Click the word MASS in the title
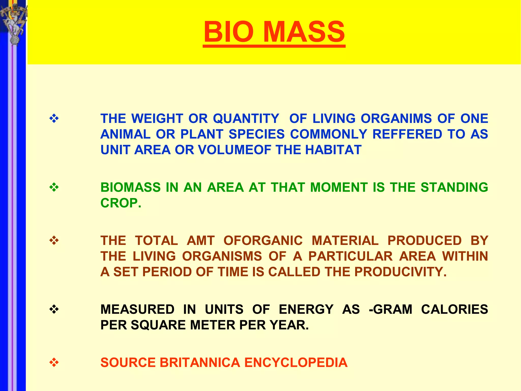tap(304, 32)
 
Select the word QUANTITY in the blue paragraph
tap(246, 119)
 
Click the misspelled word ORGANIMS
tap(396, 119)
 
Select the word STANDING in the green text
tap(454, 187)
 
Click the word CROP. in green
tap(121, 203)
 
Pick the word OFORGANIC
tap(263, 241)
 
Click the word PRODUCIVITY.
tap(400, 272)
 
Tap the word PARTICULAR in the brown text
tap(351, 256)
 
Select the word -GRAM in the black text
tap(390, 310)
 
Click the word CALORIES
tap(454, 310)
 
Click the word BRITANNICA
tap(200, 362)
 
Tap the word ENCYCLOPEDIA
tap(296, 362)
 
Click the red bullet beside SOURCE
tap(54, 362)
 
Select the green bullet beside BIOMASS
tap(54, 188)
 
